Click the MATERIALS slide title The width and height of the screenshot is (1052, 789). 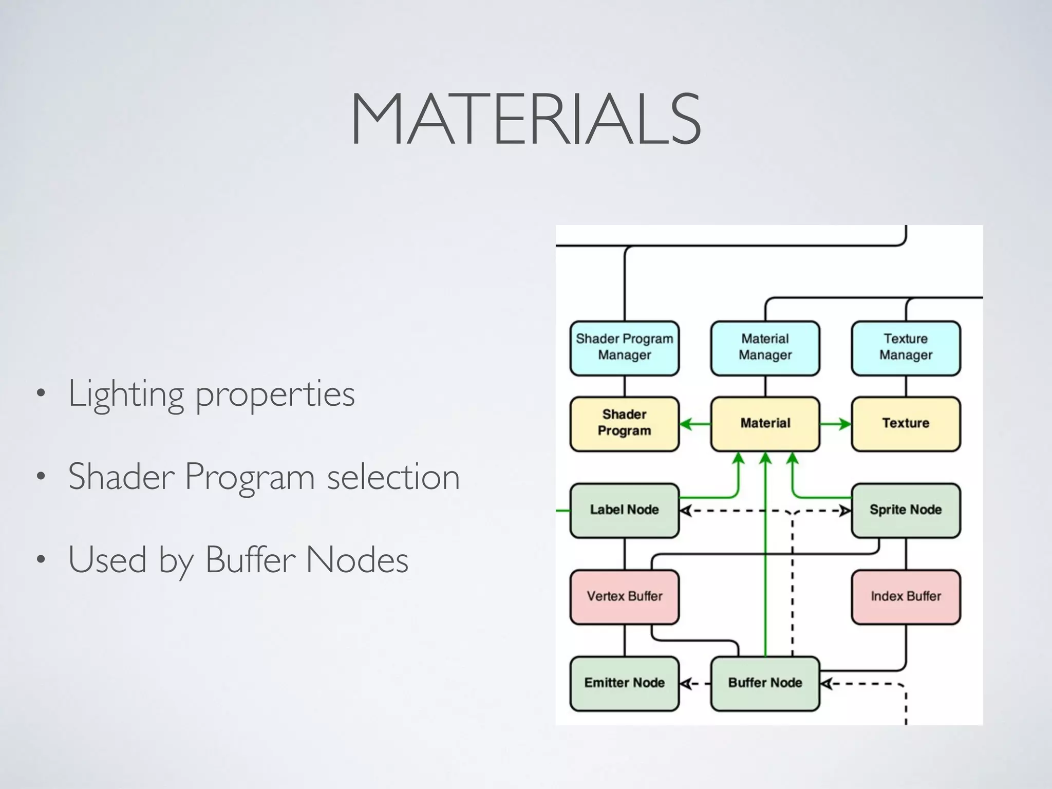525,119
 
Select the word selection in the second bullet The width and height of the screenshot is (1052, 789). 393,477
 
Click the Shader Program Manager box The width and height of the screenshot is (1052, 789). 624,348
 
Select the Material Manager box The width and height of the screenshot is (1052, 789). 765,348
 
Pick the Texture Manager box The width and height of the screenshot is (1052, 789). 906,348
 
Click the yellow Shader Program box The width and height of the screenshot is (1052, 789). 624,424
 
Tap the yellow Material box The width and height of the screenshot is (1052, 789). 765,424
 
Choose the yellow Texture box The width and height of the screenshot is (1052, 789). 906,424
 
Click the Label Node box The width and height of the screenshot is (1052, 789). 624,510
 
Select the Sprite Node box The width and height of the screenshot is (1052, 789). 906,510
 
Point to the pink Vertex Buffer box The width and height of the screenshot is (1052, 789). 624,596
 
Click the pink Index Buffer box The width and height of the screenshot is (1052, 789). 906,596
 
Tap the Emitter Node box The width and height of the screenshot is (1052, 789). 624,683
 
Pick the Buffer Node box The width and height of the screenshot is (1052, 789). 765,683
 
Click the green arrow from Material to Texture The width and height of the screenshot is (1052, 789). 836,424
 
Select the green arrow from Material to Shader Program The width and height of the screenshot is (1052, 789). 694,424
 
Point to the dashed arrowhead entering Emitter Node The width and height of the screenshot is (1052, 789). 685,684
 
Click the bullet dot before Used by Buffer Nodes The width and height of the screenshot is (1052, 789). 41,560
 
